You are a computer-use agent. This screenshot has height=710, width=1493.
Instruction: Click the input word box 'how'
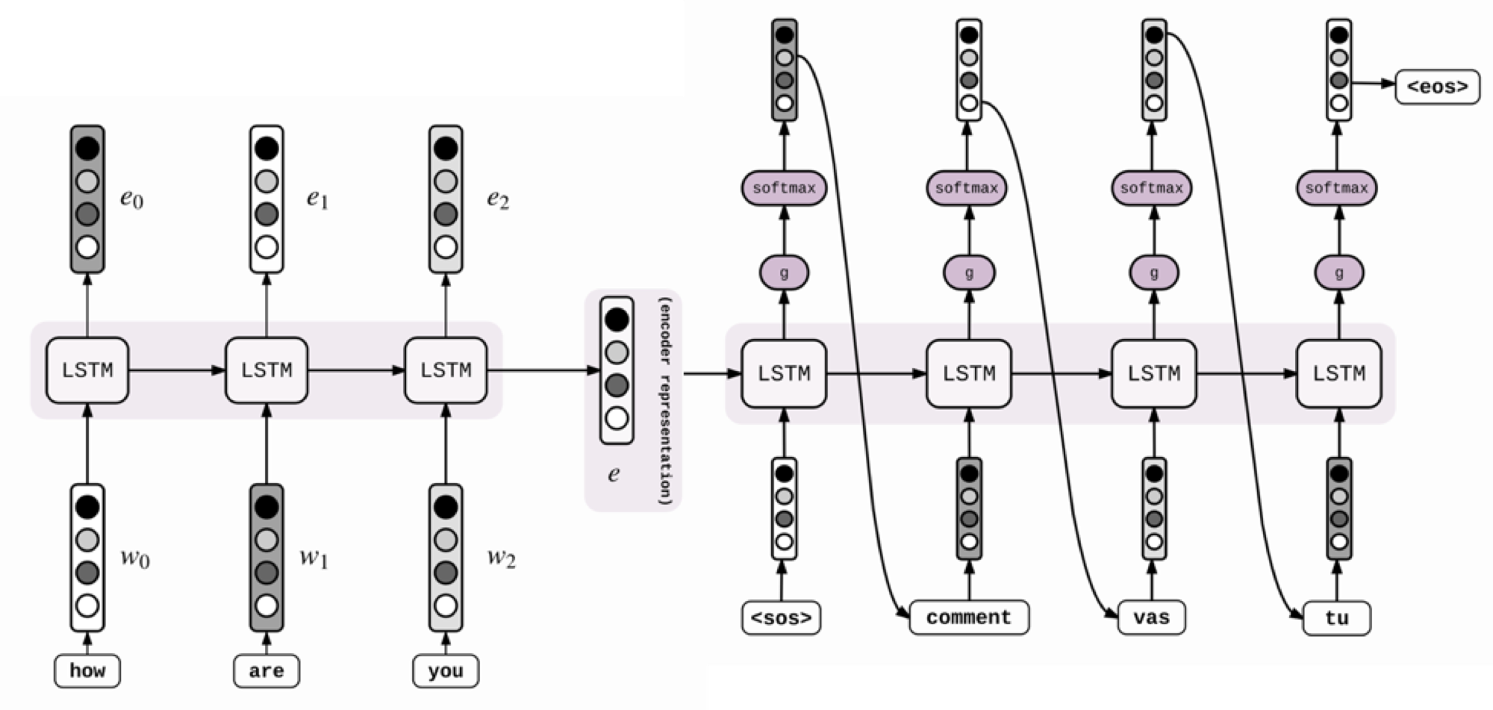click(x=87, y=670)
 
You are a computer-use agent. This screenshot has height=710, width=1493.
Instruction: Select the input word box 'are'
click(x=267, y=670)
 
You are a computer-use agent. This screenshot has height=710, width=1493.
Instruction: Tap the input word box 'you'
click(x=446, y=670)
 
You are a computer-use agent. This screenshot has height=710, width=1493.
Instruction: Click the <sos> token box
click(x=782, y=618)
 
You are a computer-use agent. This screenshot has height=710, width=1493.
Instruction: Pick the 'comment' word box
click(x=969, y=617)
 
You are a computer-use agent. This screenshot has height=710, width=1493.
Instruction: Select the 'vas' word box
click(x=1151, y=617)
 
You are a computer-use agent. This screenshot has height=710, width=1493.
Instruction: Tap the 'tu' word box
click(x=1336, y=618)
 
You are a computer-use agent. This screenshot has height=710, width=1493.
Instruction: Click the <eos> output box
click(x=1437, y=87)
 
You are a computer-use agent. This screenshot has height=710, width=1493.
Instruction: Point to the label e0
click(x=131, y=199)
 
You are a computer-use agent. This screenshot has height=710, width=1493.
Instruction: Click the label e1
click(x=317, y=199)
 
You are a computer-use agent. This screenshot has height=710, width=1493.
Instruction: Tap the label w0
click(x=134, y=558)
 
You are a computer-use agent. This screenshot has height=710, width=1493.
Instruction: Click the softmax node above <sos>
click(x=784, y=188)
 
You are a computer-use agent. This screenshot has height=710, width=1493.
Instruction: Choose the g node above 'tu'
click(x=1338, y=273)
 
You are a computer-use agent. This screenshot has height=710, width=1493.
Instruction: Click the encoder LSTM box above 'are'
click(x=267, y=370)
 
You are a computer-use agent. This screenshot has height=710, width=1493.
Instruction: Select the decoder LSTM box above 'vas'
click(x=1153, y=373)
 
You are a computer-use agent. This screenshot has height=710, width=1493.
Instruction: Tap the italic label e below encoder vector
click(x=614, y=474)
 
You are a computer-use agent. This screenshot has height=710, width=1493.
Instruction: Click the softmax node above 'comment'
click(x=967, y=188)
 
